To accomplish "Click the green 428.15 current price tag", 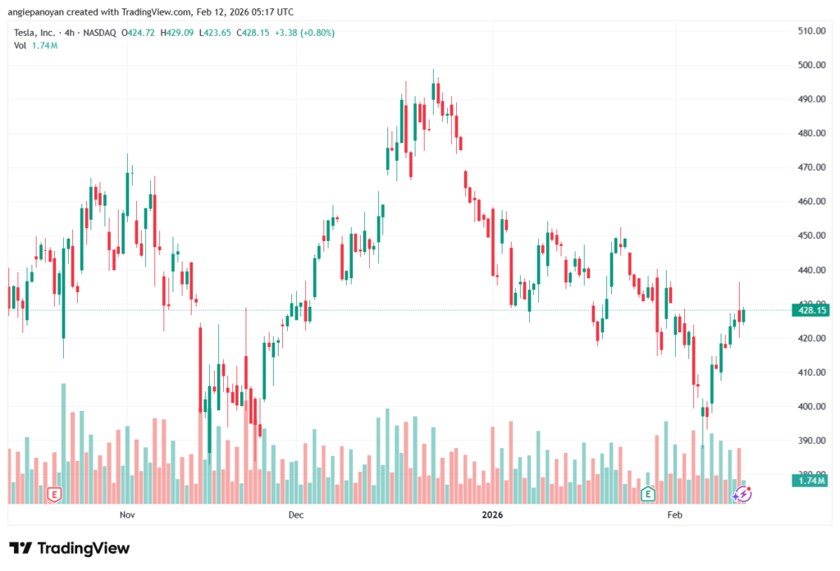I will click(808, 310).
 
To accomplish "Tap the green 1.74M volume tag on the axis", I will click(808, 481).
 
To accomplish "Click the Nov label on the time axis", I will click(126, 514).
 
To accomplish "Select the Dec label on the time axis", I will click(296, 514).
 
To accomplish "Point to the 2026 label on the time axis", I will click(492, 514).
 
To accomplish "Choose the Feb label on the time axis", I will click(674, 514).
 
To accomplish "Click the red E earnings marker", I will click(54, 494).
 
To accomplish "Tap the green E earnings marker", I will click(647, 494).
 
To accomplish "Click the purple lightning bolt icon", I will click(742, 494).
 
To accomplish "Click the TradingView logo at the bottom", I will click(69, 548).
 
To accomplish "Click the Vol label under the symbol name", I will click(21, 45).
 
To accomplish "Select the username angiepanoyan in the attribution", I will click(37, 12).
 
